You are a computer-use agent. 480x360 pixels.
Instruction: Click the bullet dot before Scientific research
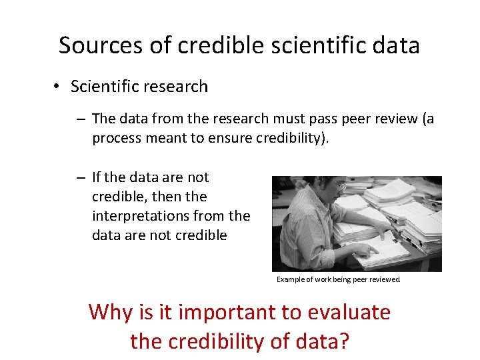click(58, 87)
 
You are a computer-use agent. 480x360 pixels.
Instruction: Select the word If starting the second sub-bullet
click(97, 177)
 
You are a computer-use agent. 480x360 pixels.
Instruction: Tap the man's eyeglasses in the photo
click(338, 185)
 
